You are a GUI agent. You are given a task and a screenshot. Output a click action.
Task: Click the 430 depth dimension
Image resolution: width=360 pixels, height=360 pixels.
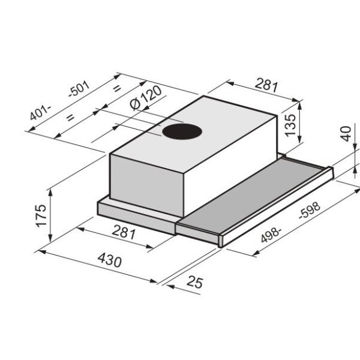(109, 262)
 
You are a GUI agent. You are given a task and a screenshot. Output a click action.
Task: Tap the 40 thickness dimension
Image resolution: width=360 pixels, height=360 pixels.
(346, 134)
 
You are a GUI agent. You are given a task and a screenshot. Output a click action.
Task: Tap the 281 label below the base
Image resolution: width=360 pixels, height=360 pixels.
(124, 233)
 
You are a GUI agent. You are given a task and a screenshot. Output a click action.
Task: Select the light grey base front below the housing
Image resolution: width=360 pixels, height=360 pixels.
(135, 212)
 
